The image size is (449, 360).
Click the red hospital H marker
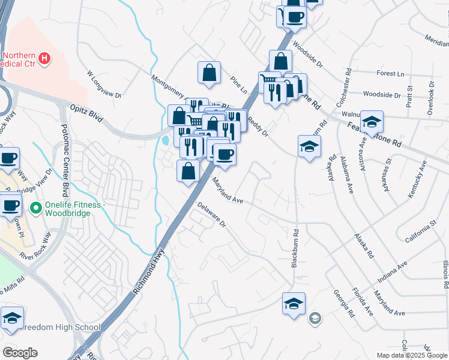44,58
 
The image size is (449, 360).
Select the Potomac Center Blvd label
63,161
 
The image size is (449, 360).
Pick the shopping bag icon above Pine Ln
209,73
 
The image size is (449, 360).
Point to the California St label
420,232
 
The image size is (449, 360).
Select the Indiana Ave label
393,272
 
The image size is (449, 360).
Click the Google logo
20,353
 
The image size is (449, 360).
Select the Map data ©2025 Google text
412,355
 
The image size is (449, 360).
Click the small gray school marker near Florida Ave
315,319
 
